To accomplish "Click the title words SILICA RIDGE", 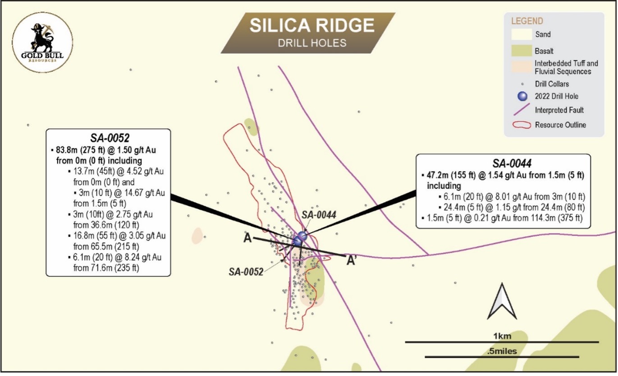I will pos(312,26).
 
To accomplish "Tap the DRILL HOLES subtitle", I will pos(312,43).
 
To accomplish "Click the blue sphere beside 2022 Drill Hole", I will pos(522,96).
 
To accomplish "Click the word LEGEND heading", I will pos(527,21).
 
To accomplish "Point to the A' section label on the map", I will pos(352,260).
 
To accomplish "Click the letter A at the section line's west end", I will pos(247,239).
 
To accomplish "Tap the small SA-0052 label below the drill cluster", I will pos(247,271).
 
